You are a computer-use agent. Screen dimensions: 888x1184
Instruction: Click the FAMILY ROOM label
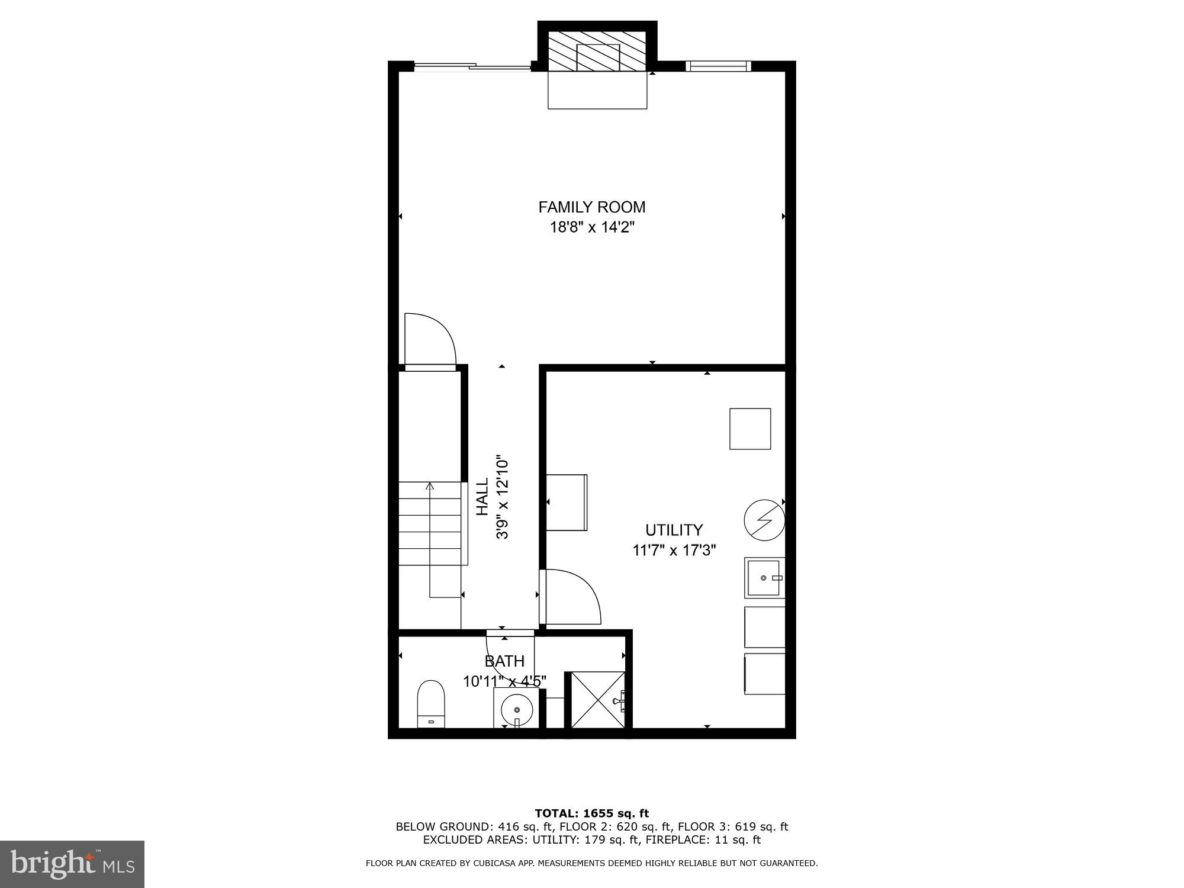[x=591, y=207]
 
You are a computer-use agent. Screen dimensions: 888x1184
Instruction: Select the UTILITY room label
[x=674, y=530]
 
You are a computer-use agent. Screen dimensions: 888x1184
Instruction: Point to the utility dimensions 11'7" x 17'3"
[x=674, y=551]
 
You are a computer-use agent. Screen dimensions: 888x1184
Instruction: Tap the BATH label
[x=504, y=661]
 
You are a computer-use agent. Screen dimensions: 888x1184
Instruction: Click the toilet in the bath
[x=431, y=703]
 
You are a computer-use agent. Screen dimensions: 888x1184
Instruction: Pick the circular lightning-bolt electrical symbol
[x=764, y=520]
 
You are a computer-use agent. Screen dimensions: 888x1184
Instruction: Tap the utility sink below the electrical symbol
[x=764, y=577]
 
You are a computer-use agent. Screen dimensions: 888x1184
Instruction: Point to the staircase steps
[x=430, y=523]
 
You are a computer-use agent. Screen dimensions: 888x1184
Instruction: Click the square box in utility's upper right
[x=750, y=429]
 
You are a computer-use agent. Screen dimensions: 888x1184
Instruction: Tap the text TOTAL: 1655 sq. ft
[x=591, y=813]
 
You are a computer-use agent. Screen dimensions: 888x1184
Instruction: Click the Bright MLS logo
[x=72, y=864]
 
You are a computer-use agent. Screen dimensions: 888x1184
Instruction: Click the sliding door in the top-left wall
[x=472, y=66]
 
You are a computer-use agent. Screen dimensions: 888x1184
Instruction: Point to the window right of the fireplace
[x=718, y=66]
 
